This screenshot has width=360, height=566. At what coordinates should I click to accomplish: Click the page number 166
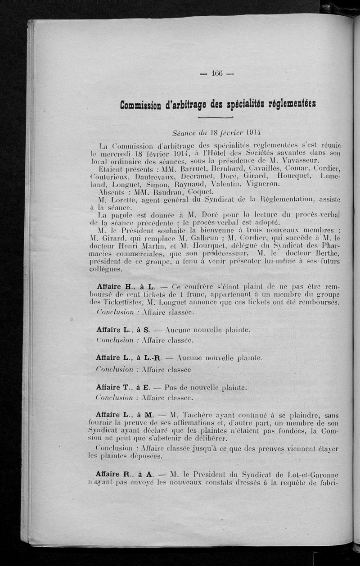pyautogui.click(x=217, y=74)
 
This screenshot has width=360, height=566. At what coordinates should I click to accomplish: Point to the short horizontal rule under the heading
pyautogui.click(x=216, y=118)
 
